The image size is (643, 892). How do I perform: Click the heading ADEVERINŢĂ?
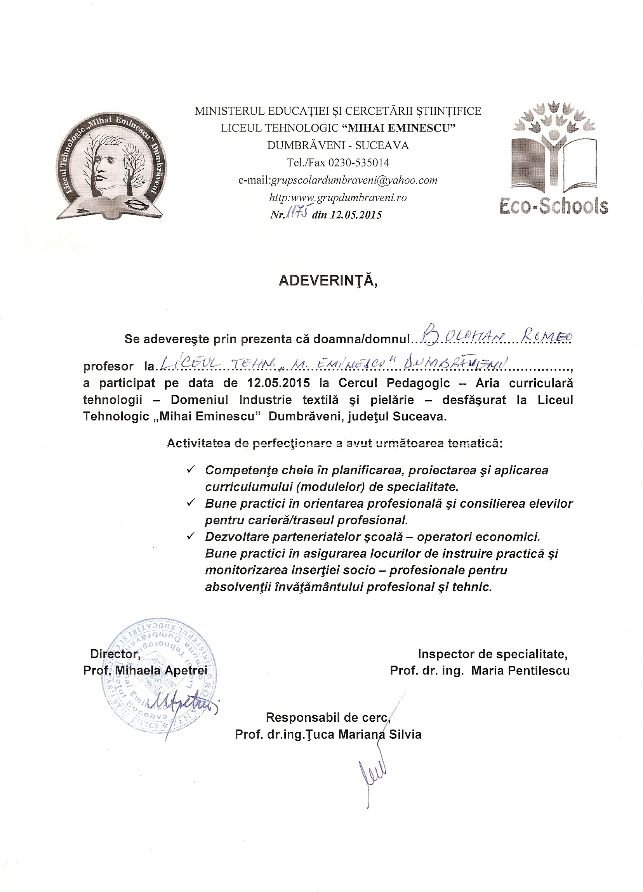(328, 281)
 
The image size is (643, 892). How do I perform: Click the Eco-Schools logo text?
(554, 206)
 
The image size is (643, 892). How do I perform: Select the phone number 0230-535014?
(359, 162)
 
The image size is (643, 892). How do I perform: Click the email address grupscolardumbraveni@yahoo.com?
(354, 180)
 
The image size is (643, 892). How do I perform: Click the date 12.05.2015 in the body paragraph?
(278, 383)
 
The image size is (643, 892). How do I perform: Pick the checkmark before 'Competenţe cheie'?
(191, 469)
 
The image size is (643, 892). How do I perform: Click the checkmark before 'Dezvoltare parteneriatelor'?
(191, 536)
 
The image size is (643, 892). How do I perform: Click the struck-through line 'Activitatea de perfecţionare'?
(335, 443)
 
